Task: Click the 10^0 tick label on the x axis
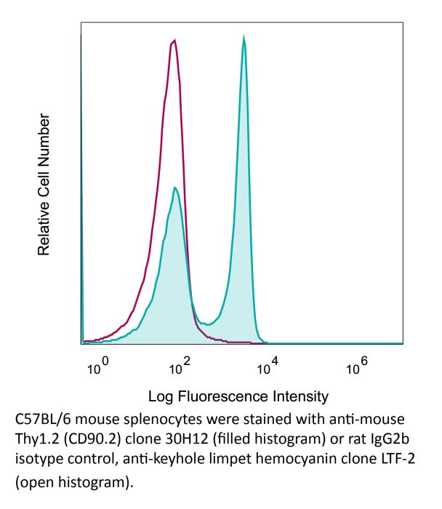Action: (x=97, y=367)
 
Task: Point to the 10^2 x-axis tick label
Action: (x=178, y=367)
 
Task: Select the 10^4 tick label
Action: (x=267, y=367)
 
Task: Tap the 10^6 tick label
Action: (x=355, y=367)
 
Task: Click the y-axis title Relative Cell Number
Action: (x=44, y=184)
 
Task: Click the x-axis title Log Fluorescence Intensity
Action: (x=238, y=397)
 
